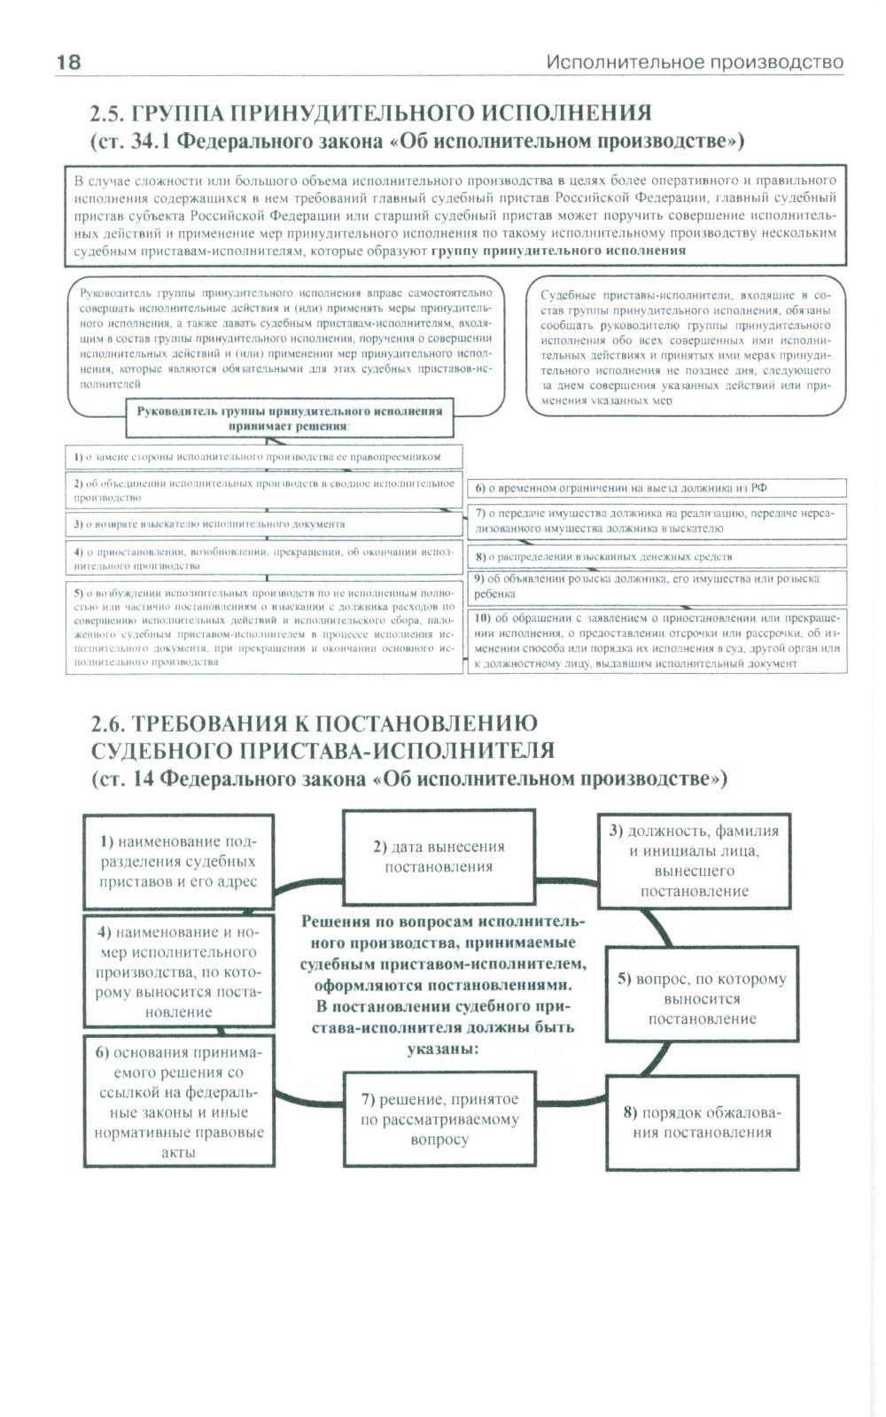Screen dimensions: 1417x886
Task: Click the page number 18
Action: coord(68,61)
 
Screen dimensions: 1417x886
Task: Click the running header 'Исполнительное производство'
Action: coord(694,62)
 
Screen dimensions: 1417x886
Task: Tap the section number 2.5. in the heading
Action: coord(107,113)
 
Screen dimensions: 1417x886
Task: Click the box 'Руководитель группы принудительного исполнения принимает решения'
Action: coord(289,418)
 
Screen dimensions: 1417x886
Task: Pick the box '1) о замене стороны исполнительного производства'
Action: coord(264,457)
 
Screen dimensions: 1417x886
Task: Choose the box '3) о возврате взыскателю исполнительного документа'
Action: coord(264,524)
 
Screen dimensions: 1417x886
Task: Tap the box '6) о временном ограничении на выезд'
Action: coord(656,488)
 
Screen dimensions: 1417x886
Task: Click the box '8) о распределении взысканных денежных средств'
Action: coord(656,557)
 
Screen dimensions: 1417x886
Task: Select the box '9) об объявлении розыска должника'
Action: coord(656,586)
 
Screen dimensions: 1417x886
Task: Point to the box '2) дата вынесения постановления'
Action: coord(439,856)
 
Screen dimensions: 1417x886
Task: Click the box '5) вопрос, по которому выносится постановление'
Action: coord(702,998)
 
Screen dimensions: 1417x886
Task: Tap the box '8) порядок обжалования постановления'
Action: coord(702,1122)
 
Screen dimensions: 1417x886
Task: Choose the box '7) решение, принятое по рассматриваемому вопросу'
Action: coord(439,1119)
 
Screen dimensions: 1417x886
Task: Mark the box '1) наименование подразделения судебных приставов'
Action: coord(178,861)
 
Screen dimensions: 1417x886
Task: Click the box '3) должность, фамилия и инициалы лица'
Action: coord(694,861)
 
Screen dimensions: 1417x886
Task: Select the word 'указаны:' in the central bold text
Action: coord(443,1049)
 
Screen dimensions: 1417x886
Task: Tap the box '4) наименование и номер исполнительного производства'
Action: coord(178,972)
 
